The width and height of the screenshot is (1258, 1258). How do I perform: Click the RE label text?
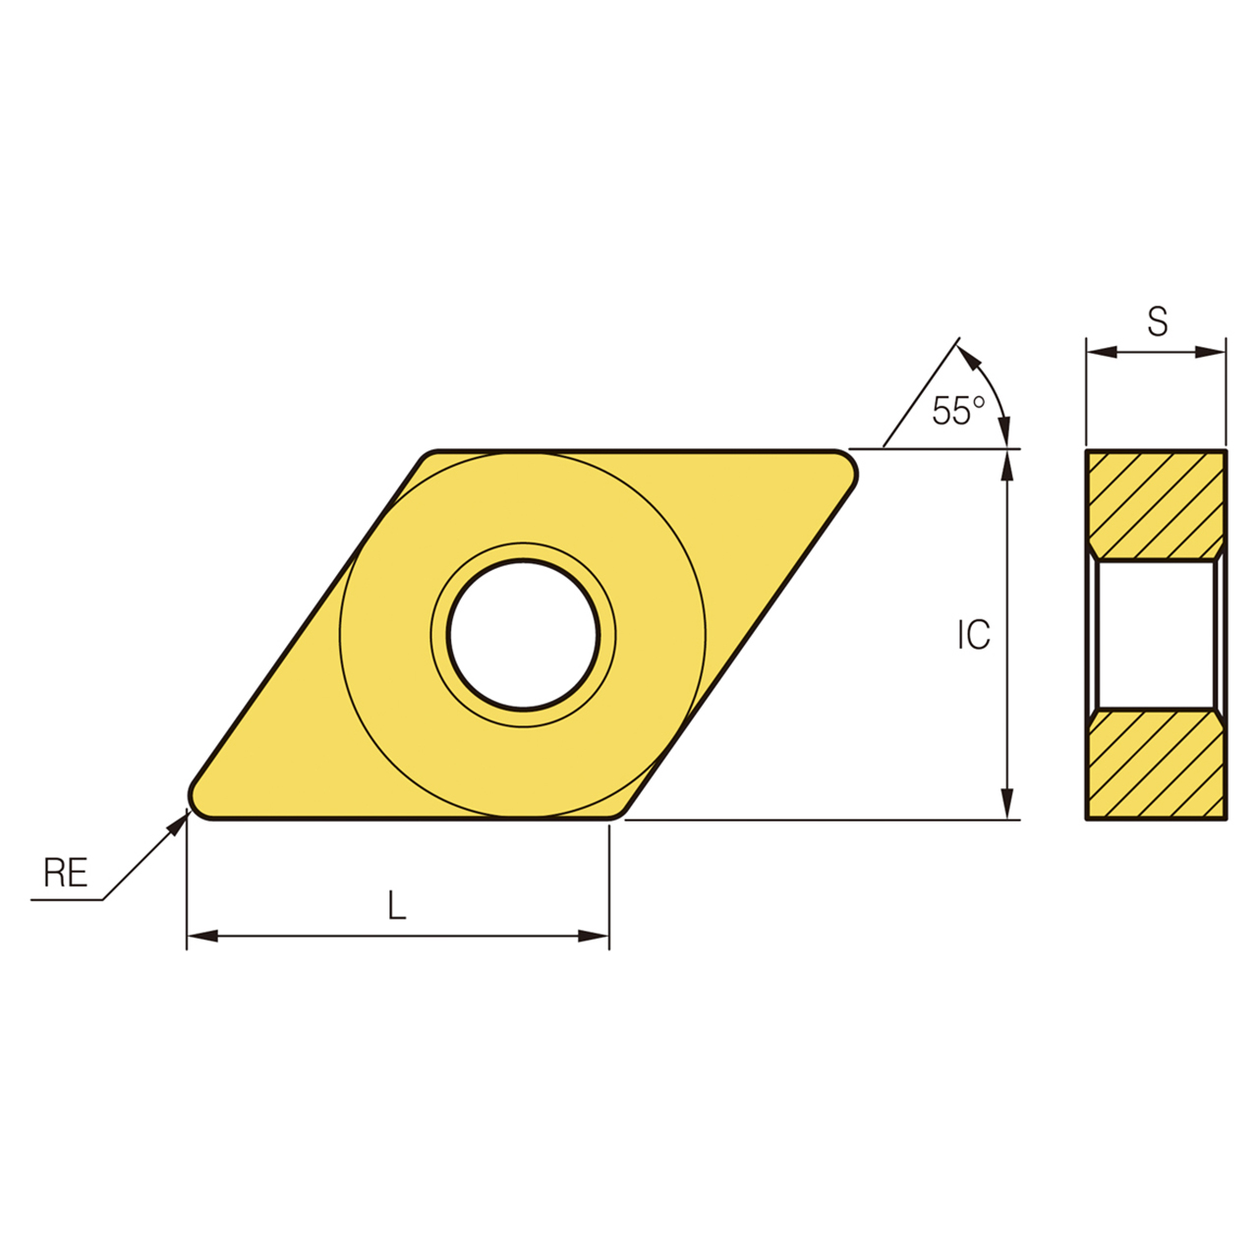click(66, 872)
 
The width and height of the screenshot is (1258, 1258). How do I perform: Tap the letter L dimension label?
click(396, 905)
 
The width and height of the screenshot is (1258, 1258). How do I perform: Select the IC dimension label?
click(974, 636)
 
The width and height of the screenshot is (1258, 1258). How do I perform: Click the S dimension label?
click(1158, 321)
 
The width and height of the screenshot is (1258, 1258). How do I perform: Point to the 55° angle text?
click(957, 411)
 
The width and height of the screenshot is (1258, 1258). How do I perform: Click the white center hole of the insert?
click(523, 635)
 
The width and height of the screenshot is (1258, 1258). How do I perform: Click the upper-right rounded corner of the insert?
click(847, 466)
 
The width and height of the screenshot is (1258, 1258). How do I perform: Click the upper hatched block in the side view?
click(1156, 503)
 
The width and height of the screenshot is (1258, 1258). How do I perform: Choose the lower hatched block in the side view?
click(1156, 765)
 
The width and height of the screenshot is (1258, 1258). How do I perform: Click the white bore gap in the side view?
click(1156, 635)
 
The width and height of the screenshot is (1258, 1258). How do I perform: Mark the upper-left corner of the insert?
click(429, 458)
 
